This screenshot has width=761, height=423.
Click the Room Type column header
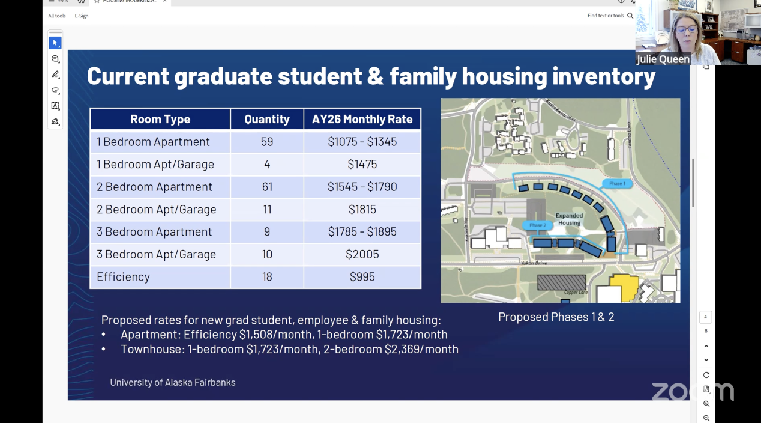click(x=160, y=119)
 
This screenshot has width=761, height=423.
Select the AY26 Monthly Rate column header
click(x=362, y=119)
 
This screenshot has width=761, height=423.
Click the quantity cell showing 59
click(x=267, y=142)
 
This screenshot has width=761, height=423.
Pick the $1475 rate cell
click(x=362, y=164)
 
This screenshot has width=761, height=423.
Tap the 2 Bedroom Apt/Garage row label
click(x=156, y=209)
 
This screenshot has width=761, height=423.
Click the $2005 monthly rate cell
click(x=362, y=254)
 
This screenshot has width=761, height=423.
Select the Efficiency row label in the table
click(x=123, y=276)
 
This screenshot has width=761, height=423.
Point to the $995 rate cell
click(x=362, y=276)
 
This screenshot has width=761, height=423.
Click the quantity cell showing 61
click(x=267, y=187)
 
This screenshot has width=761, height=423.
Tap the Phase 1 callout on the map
click(x=617, y=184)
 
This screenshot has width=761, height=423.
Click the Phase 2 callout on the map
click(x=537, y=225)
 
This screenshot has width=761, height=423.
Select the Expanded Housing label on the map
click(x=569, y=219)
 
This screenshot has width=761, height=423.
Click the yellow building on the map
click(x=625, y=287)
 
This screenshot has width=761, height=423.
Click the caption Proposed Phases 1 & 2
click(x=556, y=317)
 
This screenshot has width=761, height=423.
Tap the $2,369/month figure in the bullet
click(x=421, y=349)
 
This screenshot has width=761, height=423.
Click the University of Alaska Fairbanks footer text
click(x=173, y=382)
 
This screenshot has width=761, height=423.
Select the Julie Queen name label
click(x=663, y=59)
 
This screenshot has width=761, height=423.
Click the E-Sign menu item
click(x=82, y=16)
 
